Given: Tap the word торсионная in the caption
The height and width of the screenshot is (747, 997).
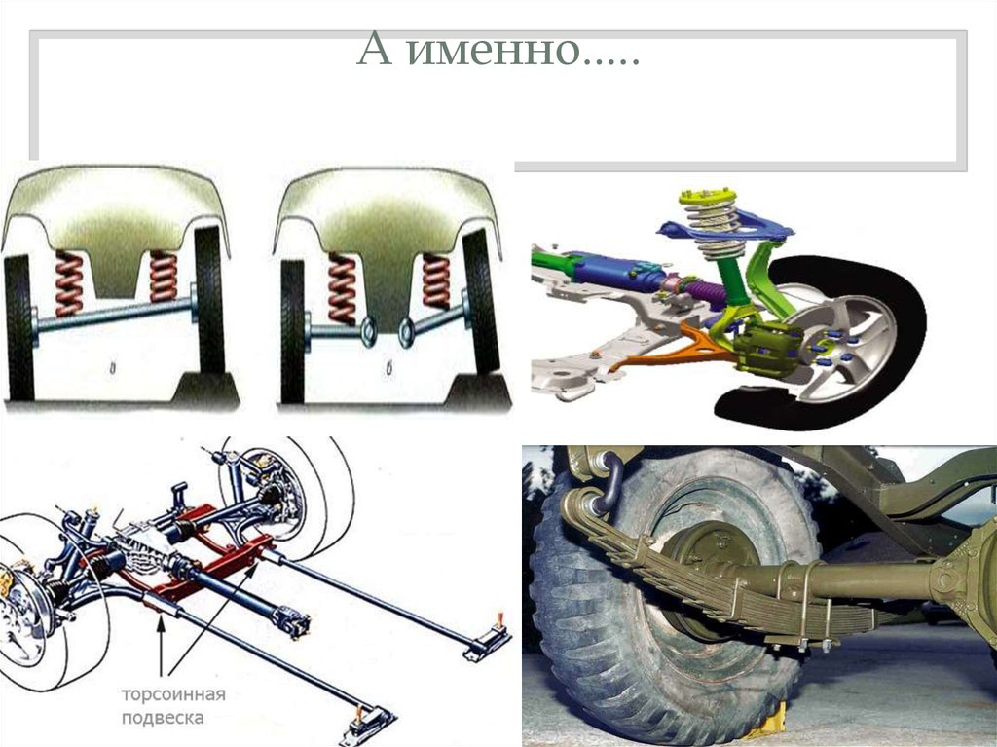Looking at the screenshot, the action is click(173, 694).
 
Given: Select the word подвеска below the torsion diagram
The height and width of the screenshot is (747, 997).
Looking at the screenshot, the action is click(163, 719).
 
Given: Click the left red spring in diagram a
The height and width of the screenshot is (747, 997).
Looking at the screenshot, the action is click(69, 283).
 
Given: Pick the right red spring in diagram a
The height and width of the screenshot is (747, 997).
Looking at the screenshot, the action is click(163, 277).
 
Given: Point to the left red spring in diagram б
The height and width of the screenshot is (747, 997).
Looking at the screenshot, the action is click(342, 288).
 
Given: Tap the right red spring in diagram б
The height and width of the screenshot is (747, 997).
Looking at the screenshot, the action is click(436, 281).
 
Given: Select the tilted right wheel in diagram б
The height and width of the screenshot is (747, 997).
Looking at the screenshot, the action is click(482, 301).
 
